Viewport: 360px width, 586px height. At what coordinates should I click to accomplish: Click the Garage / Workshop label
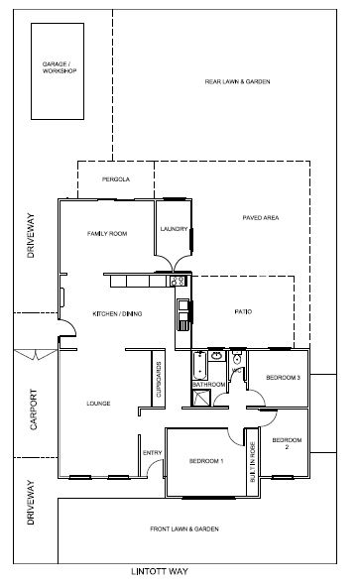tap(60, 67)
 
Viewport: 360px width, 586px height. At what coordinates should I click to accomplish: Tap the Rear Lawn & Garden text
tap(237, 81)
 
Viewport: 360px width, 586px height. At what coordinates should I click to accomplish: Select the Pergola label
tap(116, 179)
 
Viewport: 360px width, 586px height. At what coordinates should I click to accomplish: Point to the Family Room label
tap(107, 234)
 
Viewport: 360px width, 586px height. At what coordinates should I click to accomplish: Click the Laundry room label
tap(174, 229)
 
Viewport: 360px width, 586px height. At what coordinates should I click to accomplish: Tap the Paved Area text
tap(261, 217)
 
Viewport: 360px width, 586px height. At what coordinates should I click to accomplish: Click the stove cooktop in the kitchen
tap(178, 281)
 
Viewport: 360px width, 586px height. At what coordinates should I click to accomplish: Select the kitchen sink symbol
tap(183, 315)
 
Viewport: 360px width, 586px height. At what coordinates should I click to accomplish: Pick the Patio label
tap(243, 311)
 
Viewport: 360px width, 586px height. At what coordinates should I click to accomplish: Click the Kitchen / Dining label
tap(117, 313)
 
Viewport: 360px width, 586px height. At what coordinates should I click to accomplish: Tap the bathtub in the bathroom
tap(200, 365)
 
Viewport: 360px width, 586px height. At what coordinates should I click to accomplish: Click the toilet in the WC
tap(237, 358)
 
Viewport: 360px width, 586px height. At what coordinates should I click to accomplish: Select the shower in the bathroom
tap(201, 398)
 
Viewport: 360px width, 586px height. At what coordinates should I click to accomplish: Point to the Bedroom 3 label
tap(283, 378)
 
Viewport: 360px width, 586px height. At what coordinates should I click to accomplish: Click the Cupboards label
tap(159, 380)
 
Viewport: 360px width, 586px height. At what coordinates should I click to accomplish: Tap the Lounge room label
tap(98, 404)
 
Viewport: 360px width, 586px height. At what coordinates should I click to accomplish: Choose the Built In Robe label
tap(252, 461)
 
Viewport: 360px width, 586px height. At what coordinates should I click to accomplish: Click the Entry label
tap(152, 452)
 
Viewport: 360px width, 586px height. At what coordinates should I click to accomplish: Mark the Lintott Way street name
tap(160, 571)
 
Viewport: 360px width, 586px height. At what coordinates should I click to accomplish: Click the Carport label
tap(34, 410)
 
